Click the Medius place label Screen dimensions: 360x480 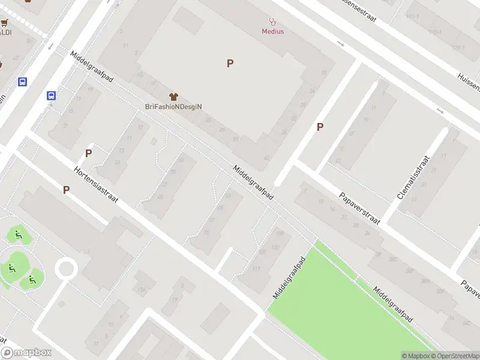click(x=272, y=31)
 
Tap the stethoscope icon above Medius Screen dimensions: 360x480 click(x=272, y=21)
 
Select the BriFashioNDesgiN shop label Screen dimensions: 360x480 click(x=173, y=106)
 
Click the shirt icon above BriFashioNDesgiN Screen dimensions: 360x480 click(x=174, y=96)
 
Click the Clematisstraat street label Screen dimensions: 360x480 click(x=415, y=178)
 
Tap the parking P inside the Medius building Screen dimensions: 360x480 click(x=230, y=63)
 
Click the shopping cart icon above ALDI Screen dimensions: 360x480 click(x=5, y=23)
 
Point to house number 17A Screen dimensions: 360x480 click(x=142, y=290)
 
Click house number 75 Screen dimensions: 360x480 click(x=207, y=233)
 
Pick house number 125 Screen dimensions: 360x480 click(x=275, y=247)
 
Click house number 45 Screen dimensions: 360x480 click(x=160, y=197)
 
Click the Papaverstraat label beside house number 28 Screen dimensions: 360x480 click(x=359, y=208)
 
